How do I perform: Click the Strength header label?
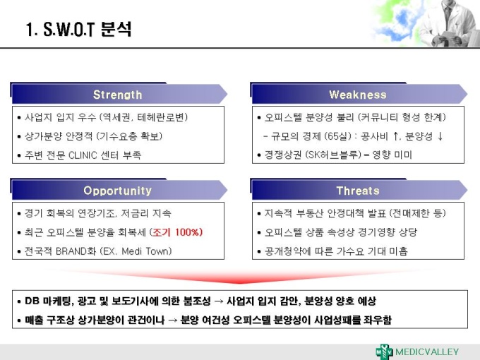(x=118, y=95)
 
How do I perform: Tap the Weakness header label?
(x=358, y=95)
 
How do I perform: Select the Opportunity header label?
(x=118, y=191)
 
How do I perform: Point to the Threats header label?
(x=358, y=191)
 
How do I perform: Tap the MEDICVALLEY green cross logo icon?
(x=384, y=352)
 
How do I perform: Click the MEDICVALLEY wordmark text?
(x=427, y=352)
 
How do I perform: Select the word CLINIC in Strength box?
(x=83, y=155)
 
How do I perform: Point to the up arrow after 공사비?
(x=395, y=136)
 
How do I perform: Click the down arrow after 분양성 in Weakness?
(x=440, y=136)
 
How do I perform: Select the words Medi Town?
(x=145, y=251)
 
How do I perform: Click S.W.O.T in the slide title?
(x=68, y=30)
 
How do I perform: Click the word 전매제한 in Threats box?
(x=411, y=213)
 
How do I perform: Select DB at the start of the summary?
(x=32, y=301)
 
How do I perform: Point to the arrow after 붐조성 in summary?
(x=219, y=301)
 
